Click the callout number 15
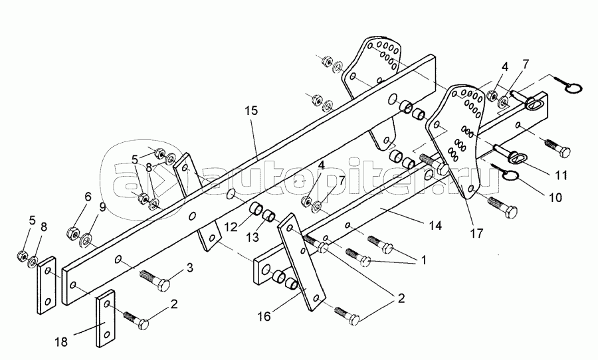251,111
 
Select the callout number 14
435,226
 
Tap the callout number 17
476,233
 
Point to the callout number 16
264,316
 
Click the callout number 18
61,341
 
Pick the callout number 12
231,227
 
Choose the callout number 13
252,237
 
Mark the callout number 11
560,175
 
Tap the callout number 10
555,197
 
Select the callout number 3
189,268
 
